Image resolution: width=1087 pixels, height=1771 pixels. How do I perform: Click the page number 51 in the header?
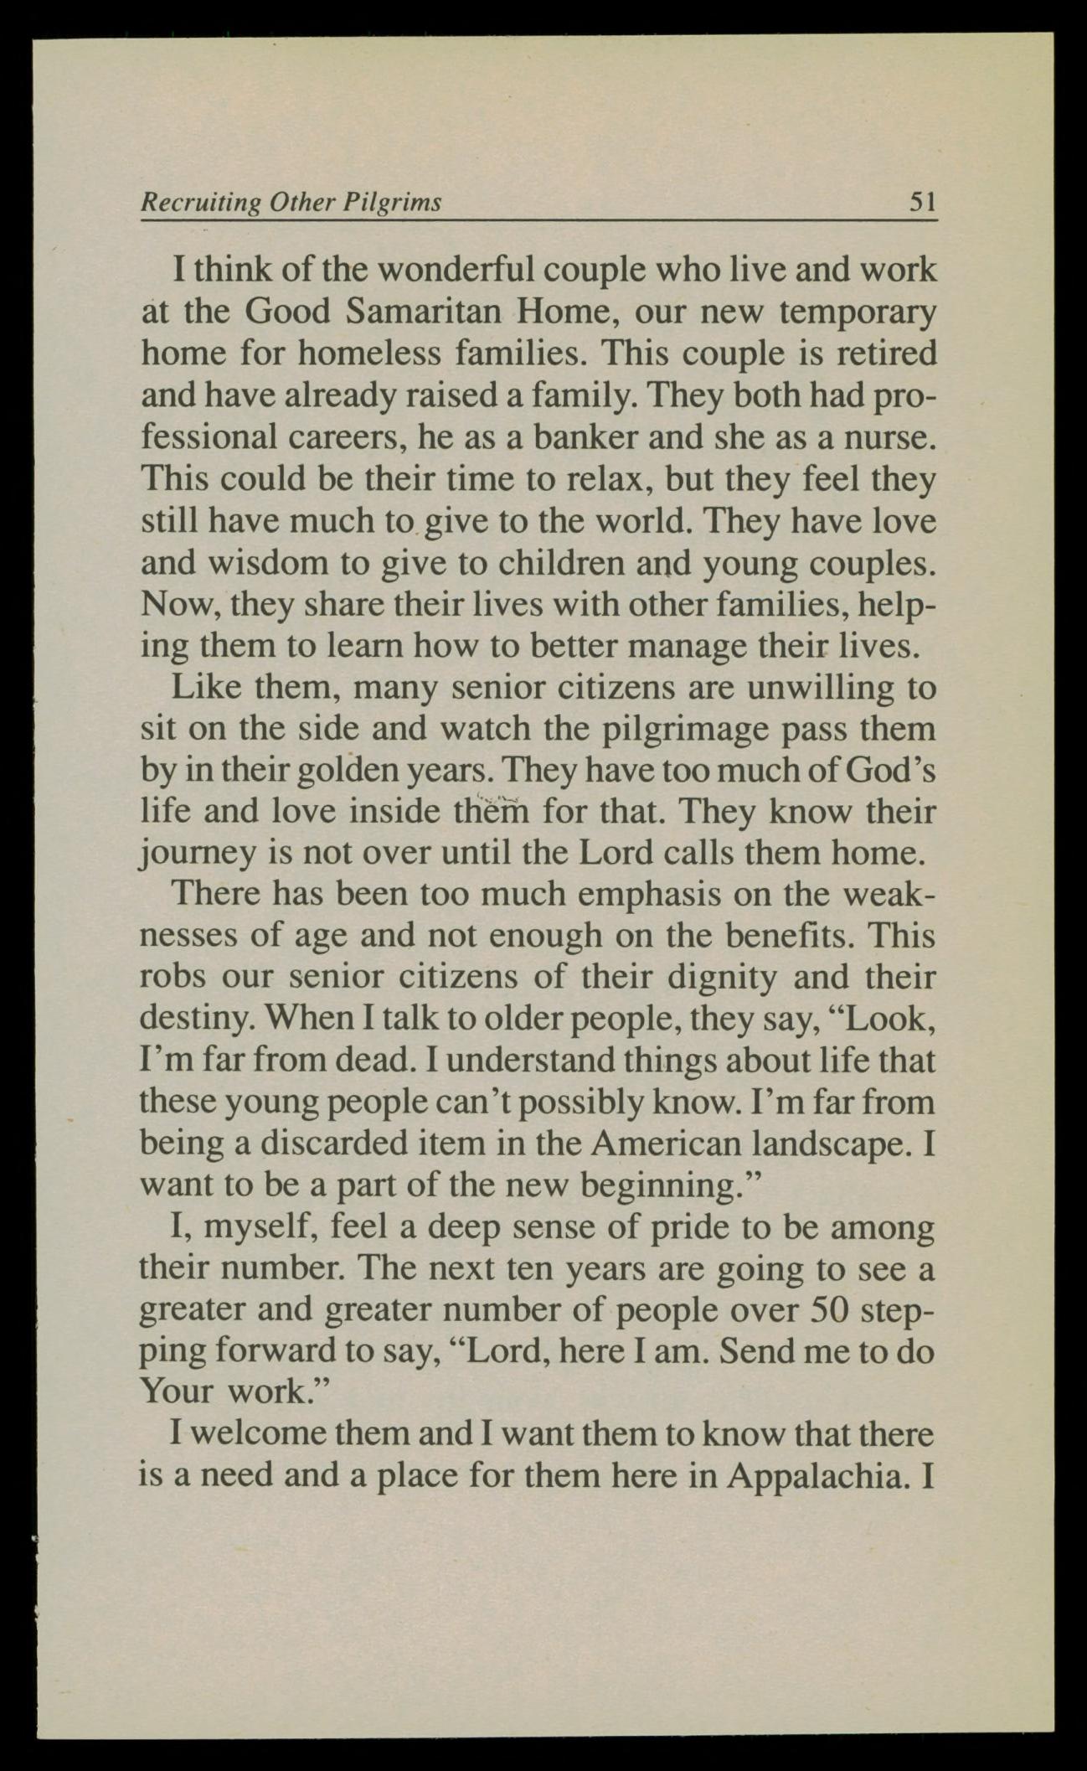tap(921, 202)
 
